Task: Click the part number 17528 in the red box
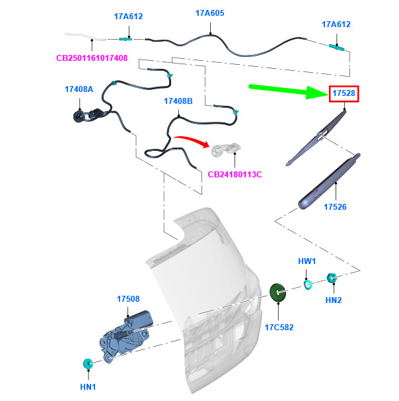(x=344, y=94)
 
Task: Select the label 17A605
(x=210, y=13)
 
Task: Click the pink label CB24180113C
(x=235, y=175)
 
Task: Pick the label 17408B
(x=178, y=101)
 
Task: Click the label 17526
(x=336, y=207)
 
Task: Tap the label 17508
(x=128, y=299)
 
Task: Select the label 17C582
(x=279, y=327)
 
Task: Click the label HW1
(x=307, y=261)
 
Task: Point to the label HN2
(x=334, y=300)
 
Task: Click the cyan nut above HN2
(x=333, y=279)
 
